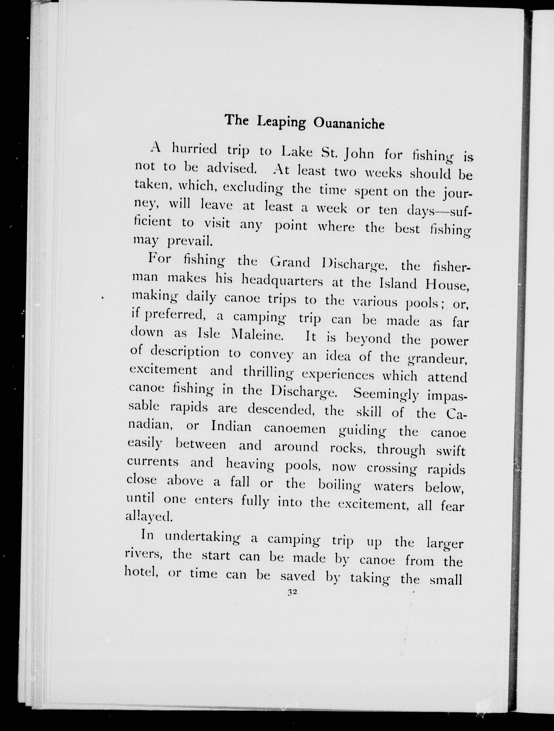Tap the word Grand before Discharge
click(x=290, y=262)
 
